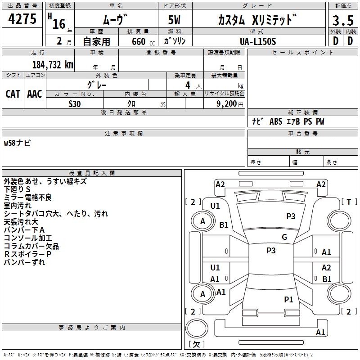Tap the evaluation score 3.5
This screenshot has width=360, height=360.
point(343,21)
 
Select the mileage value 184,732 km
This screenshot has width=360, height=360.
point(53,64)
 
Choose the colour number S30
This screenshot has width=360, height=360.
point(75,103)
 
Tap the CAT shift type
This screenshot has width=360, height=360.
point(13,94)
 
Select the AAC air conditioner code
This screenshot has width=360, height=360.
point(35,94)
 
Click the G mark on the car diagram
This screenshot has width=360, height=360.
point(284,237)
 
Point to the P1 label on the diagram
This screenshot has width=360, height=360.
point(288,299)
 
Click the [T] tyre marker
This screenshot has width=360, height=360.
point(349,202)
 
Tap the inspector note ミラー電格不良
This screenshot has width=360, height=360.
point(27,198)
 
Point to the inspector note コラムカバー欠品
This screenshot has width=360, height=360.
point(31,246)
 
